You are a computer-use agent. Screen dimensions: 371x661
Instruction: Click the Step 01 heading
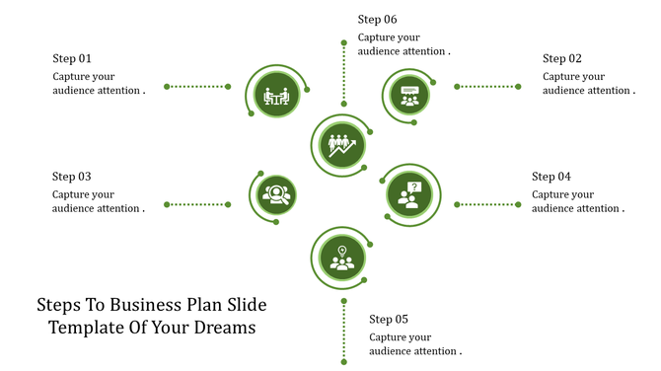[72, 58]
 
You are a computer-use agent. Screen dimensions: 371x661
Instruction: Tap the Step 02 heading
[562, 58]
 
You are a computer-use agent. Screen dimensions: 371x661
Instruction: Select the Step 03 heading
[72, 177]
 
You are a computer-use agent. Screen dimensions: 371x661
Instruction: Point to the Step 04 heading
[551, 177]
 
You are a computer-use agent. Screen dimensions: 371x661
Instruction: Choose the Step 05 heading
[389, 319]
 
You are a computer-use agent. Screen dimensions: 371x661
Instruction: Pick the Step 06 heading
[378, 19]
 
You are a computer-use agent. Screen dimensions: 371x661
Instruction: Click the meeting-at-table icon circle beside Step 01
[275, 95]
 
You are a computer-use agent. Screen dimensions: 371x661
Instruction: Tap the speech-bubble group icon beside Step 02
[409, 95]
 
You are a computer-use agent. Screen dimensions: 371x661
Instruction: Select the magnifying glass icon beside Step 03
[275, 193]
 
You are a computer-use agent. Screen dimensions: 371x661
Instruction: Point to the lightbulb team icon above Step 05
[341, 257]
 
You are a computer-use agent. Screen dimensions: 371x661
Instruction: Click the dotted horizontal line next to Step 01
[197, 87]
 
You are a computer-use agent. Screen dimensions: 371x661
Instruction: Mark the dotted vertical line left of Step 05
[343, 331]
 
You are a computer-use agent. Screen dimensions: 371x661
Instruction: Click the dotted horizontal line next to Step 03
[197, 204]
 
